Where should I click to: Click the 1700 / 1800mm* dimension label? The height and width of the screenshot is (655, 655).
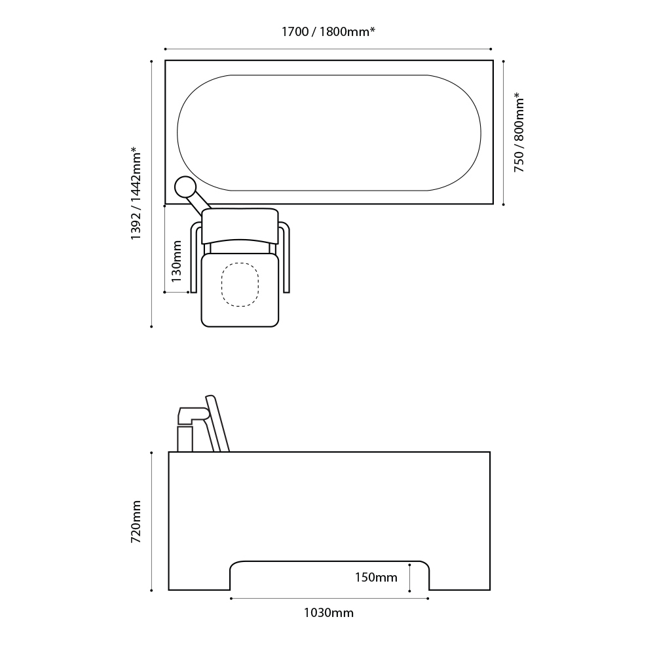pyautogui.click(x=327, y=31)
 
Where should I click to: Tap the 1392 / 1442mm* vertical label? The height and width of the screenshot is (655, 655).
pyautogui.click(x=136, y=193)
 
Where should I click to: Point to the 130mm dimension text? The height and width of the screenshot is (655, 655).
pyautogui.click(x=176, y=261)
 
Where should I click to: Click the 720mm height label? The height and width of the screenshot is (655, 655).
pyautogui.click(x=136, y=522)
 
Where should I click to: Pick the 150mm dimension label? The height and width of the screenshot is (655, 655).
pyautogui.click(x=376, y=578)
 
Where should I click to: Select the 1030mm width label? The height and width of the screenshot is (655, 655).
pyautogui.click(x=328, y=613)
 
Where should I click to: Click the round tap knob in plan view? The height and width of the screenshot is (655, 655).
pyautogui.click(x=186, y=187)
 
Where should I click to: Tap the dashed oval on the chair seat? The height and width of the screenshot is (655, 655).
pyautogui.click(x=240, y=285)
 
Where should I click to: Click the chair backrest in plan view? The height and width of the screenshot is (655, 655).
pyautogui.click(x=240, y=225)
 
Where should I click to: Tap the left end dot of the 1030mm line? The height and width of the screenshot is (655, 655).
pyautogui.click(x=231, y=598)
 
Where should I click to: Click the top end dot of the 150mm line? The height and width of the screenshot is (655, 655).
pyautogui.click(x=410, y=563)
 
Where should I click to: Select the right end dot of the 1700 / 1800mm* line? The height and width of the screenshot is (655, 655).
pyautogui.click(x=491, y=49)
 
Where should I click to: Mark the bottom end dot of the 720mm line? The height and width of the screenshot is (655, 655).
pyautogui.click(x=151, y=590)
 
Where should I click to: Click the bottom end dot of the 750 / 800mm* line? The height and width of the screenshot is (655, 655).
pyautogui.click(x=503, y=204)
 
